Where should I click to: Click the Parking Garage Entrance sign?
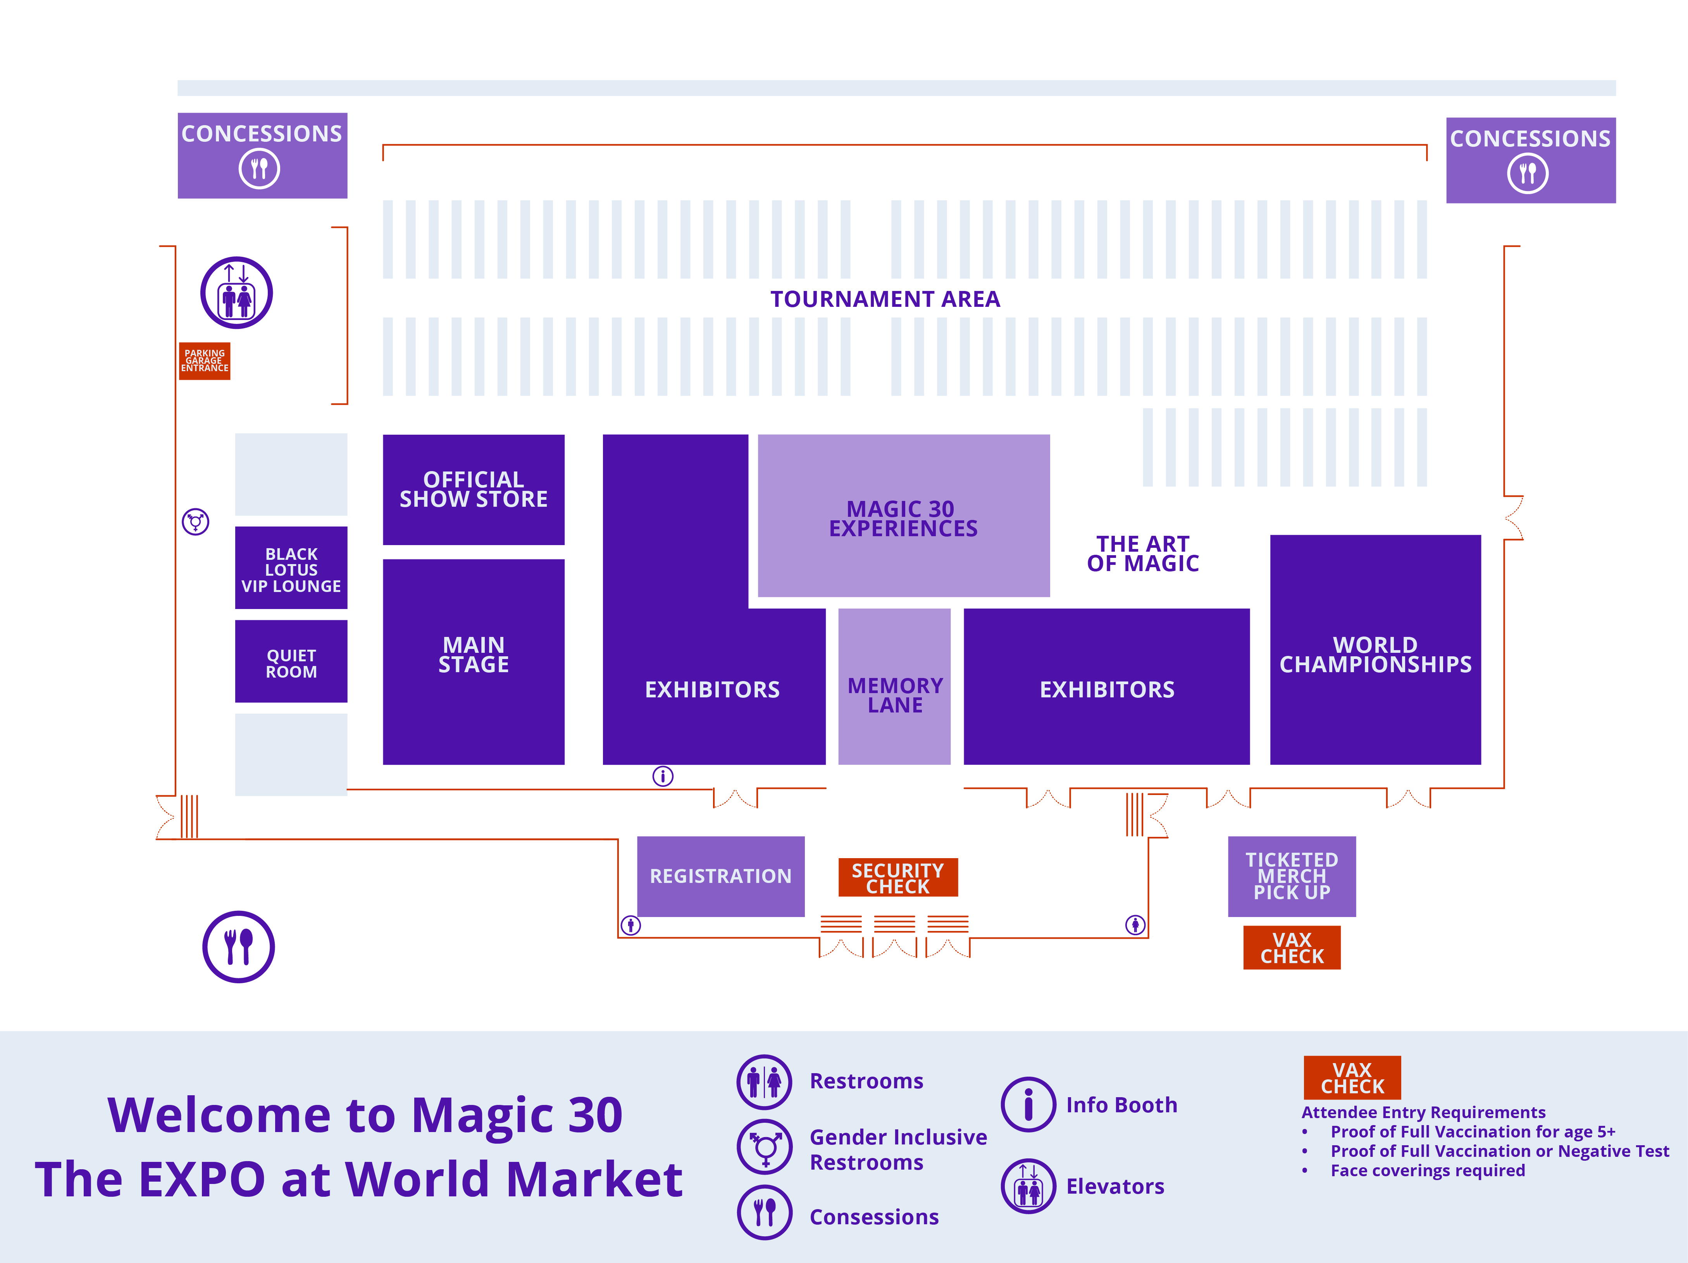(205, 361)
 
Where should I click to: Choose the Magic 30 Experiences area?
(904, 516)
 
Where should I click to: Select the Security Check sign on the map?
(898, 878)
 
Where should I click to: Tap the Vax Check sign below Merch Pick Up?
(1292, 948)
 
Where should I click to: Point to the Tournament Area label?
(885, 299)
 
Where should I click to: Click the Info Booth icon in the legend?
(1029, 1104)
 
